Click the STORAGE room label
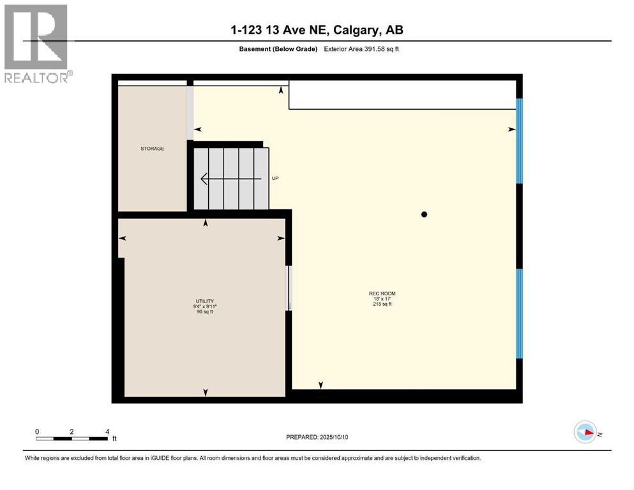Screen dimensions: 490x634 153,149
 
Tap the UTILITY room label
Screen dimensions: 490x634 204,301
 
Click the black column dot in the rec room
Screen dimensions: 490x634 423,215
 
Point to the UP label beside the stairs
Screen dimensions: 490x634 275,179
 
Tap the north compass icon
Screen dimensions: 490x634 585,432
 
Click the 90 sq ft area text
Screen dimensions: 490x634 204,312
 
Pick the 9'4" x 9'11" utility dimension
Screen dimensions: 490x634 204,307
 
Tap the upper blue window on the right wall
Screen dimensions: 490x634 519,140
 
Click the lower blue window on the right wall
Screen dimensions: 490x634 519,313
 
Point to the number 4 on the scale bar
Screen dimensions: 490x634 107,431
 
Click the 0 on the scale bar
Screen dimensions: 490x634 37,431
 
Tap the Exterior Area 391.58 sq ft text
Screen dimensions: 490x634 363,49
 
